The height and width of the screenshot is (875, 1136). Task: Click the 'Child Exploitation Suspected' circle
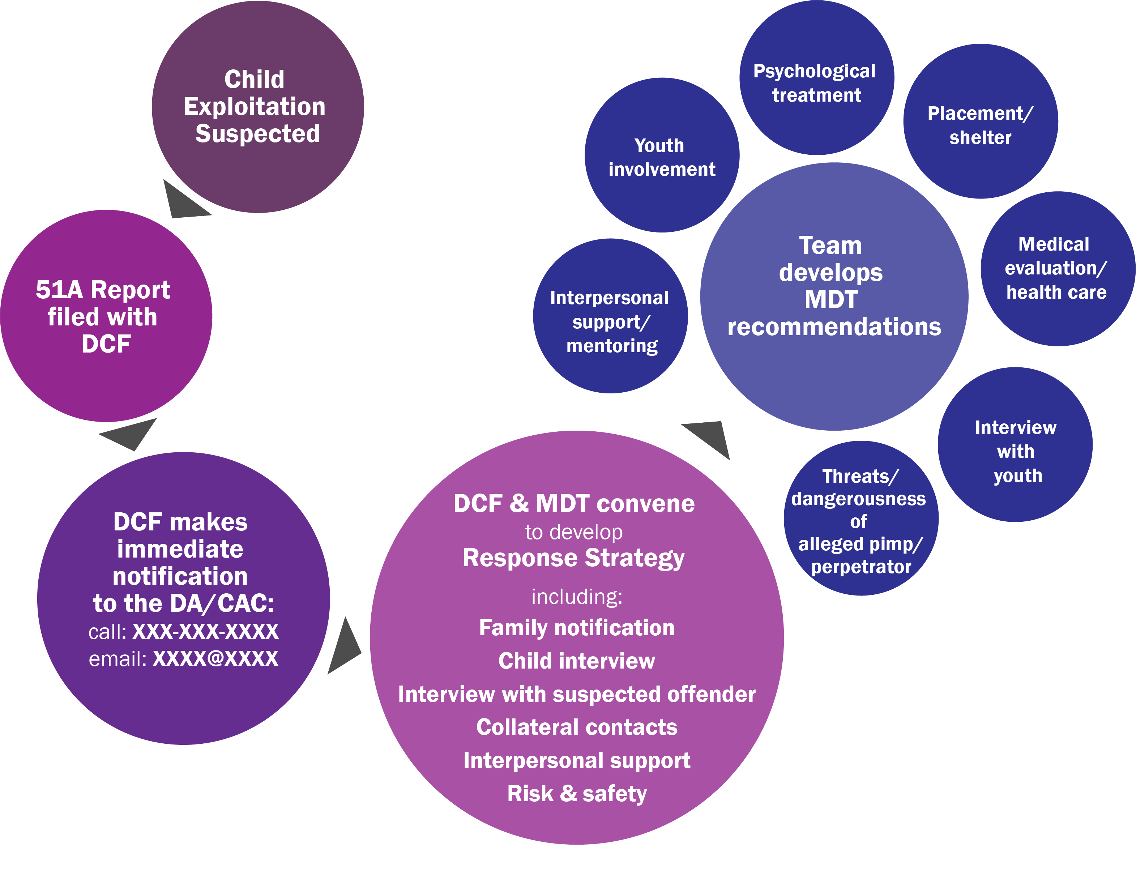tap(257, 107)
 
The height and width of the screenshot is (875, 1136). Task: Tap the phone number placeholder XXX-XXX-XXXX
tap(205, 632)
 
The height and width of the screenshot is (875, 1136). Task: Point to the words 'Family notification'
tap(576, 628)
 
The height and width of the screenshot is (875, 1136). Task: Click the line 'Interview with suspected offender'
tap(576, 695)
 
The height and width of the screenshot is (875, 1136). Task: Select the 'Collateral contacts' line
tap(576, 727)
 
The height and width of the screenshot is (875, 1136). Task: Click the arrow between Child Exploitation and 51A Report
tap(182, 202)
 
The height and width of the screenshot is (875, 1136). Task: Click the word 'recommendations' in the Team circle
tap(834, 327)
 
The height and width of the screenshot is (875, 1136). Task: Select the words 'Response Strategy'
tap(573, 558)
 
